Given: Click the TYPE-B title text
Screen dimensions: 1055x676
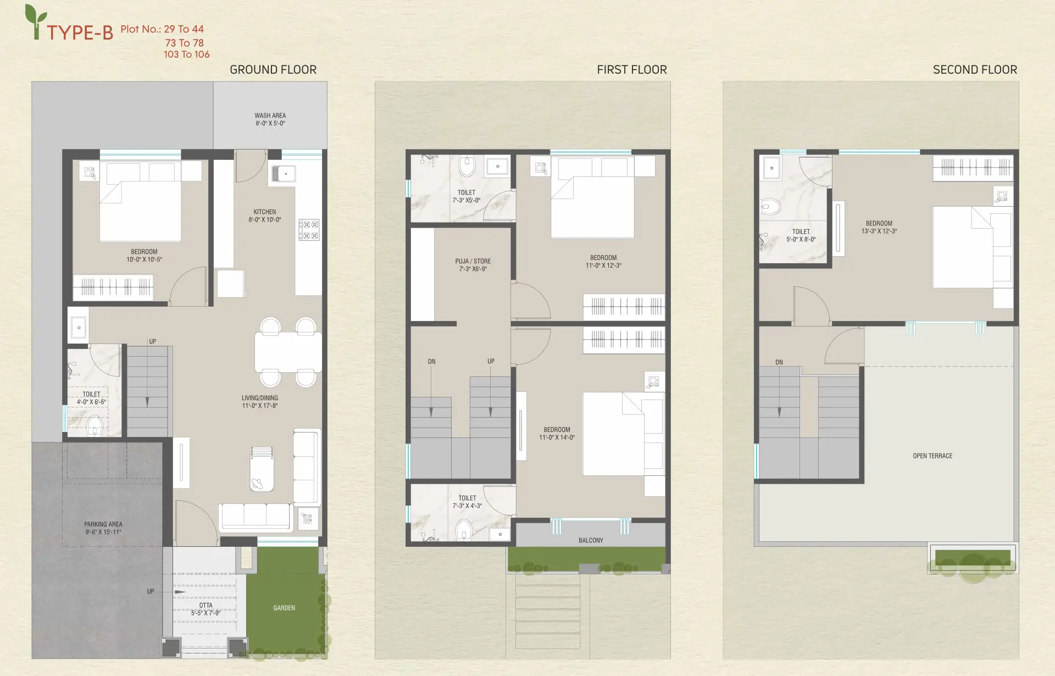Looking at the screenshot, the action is pos(80,33).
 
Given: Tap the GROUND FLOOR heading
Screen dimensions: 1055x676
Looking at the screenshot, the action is pos(273,70).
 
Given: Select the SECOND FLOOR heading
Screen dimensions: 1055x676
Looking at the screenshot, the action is pos(975,70).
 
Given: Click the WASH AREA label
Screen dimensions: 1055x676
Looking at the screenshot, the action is pos(270,115).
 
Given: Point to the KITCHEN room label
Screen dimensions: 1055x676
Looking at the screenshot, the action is pos(265,212).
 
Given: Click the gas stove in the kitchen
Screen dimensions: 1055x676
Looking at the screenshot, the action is pos(309,230).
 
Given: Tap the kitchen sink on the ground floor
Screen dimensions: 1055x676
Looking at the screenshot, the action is pos(284,174).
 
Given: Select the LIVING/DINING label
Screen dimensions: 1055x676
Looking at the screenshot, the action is pos(260,398).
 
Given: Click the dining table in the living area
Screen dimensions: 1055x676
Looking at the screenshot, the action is pos(288,352).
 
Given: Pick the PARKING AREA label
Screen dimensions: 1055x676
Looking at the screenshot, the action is pos(103,524).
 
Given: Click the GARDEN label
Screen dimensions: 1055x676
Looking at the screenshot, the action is pos(284,608).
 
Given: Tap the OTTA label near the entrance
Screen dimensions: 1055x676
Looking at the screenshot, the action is pos(206,605).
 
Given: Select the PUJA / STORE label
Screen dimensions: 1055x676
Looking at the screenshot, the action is pos(473,261).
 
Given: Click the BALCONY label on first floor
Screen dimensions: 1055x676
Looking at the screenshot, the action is pos(591,540).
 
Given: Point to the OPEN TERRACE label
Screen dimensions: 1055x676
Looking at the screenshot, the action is pos(932,456).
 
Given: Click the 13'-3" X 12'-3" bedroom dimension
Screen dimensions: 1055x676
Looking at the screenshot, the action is pos(879,231).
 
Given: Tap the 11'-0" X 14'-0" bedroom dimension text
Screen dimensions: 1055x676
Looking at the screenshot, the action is pos(557,437).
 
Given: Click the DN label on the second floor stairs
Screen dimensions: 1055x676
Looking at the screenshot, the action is pos(779,362).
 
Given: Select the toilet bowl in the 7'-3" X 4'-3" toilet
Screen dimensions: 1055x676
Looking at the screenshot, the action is pos(464,530).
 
